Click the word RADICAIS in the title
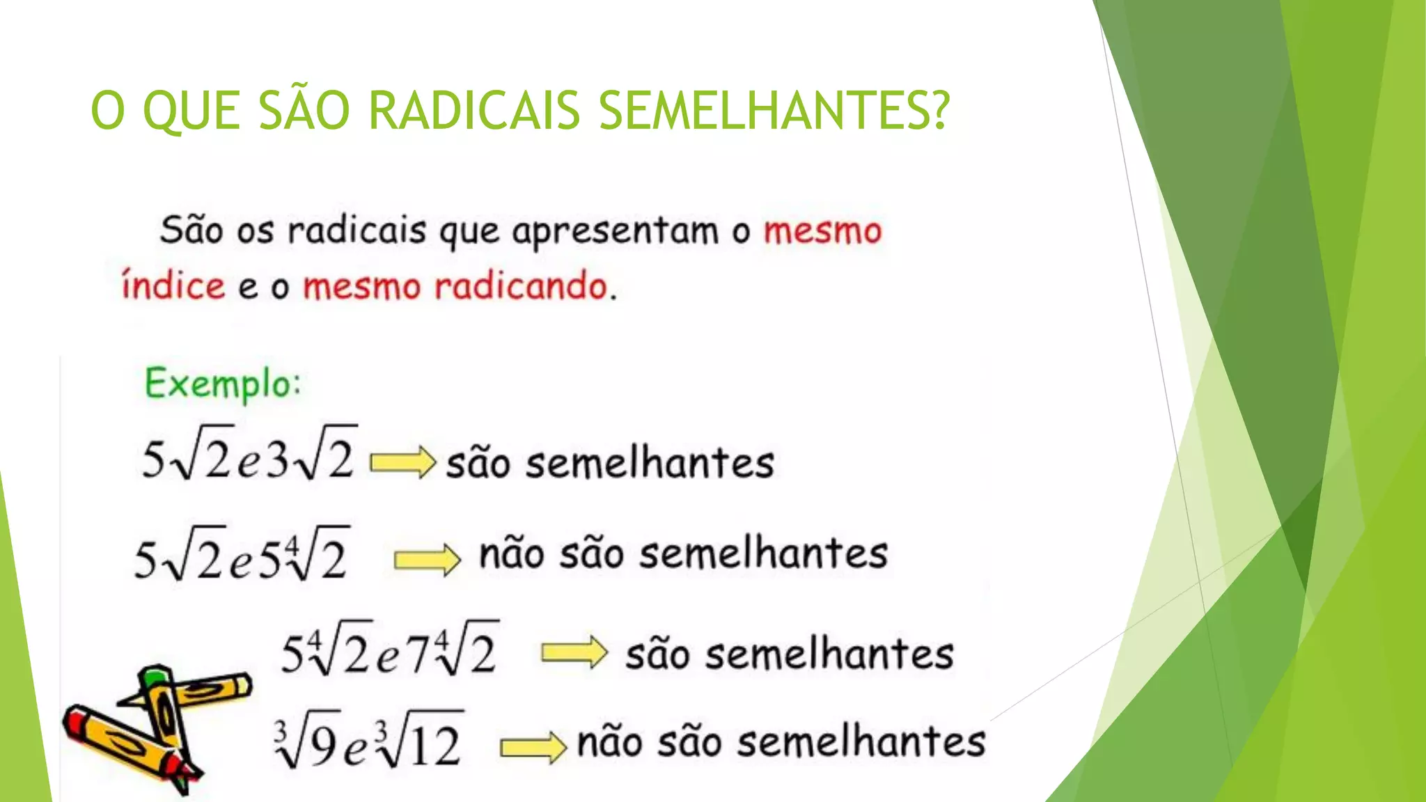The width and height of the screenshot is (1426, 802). coord(473,111)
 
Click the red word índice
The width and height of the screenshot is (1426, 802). coord(173,286)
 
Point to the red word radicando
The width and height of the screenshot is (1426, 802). coord(522,286)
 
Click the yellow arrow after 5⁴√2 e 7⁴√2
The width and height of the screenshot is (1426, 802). coord(574,653)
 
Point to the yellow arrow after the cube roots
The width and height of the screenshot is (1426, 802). coord(533,748)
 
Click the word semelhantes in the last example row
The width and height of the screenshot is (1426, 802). coord(861,742)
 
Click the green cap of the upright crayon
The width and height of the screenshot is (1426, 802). coord(155,675)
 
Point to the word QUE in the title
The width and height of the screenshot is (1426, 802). coord(191,111)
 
